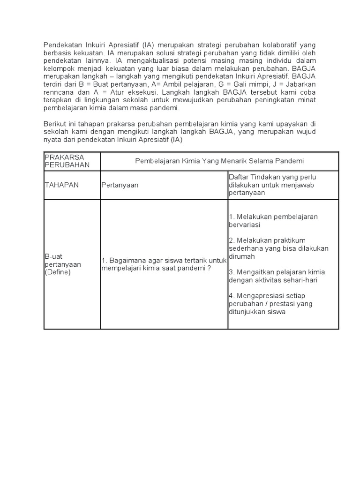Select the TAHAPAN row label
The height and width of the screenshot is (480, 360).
click(x=62, y=185)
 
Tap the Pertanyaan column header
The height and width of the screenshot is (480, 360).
click(x=120, y=185)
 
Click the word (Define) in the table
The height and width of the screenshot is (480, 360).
click(x=58, y=272)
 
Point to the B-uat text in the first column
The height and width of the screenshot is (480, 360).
click(x=53, y=256)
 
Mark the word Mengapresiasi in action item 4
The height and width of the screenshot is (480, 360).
click(x=261, y=296)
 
